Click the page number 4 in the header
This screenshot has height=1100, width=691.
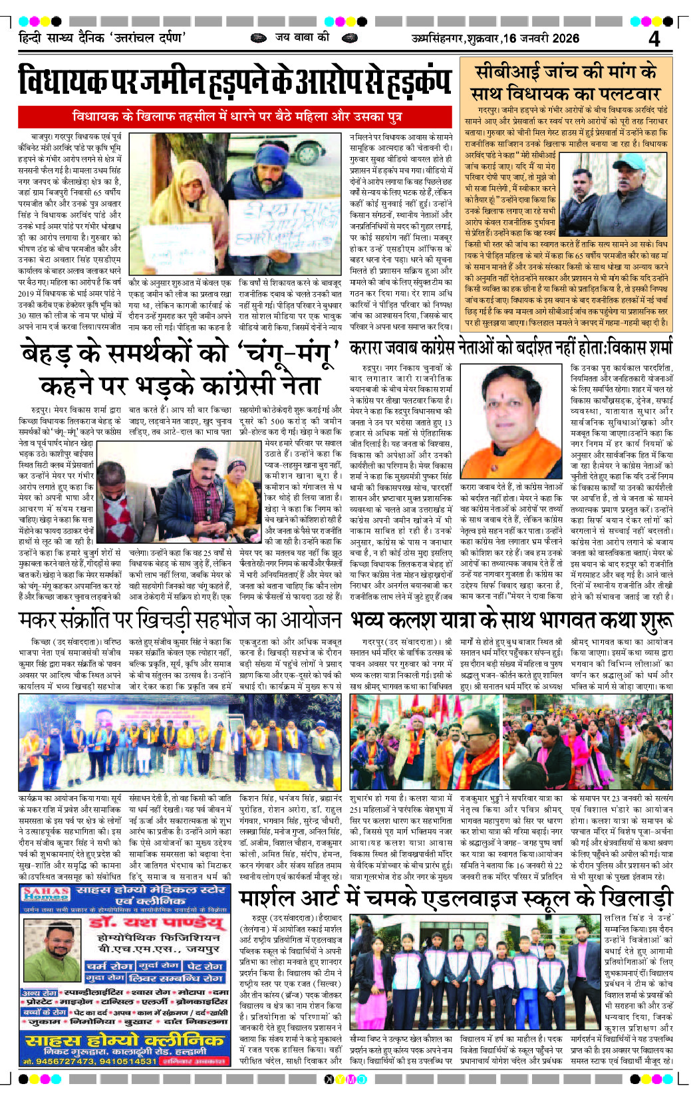point(654,39)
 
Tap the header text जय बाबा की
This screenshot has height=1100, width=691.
point(302,37)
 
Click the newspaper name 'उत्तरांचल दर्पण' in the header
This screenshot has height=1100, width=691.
point(148,38)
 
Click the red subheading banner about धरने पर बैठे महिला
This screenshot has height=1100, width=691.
point(237,116)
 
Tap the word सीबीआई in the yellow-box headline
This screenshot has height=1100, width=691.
point(504,72)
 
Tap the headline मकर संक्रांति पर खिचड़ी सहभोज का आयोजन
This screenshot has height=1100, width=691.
point(180,620)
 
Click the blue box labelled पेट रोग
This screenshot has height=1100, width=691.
point(204,966)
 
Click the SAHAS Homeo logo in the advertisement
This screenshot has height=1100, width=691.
point(46,894)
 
